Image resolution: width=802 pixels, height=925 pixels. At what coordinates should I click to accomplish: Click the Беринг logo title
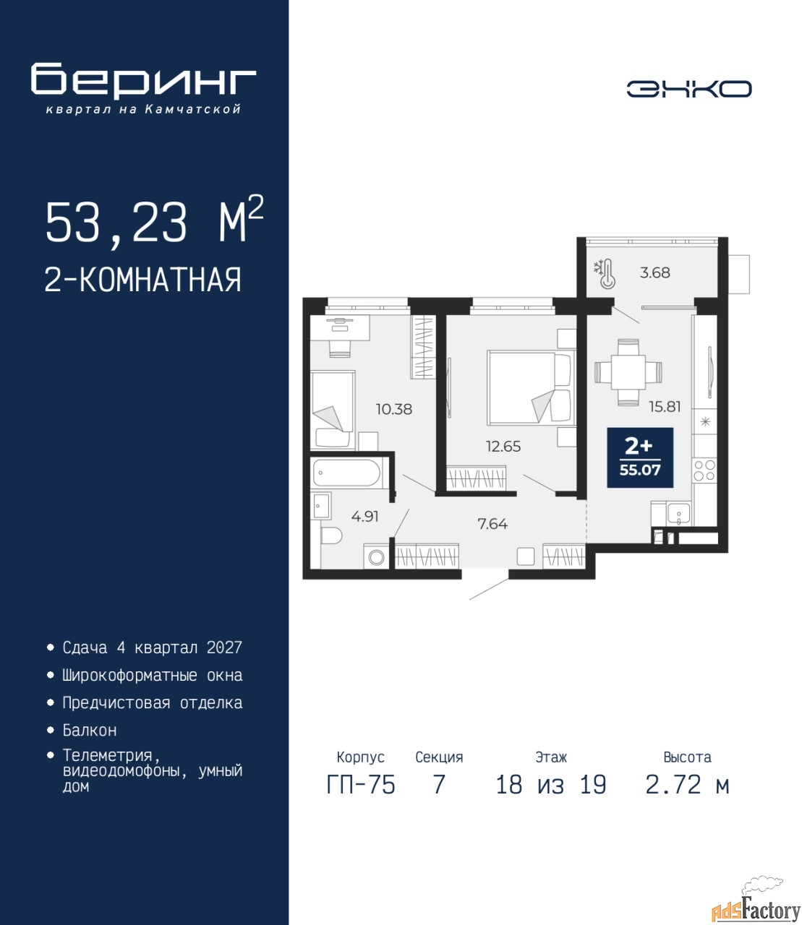tap(143, 80)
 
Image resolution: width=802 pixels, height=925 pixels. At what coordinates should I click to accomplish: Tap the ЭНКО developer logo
tap(689, 89)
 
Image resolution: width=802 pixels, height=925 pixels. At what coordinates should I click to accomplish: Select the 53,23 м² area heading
tap(154, 222)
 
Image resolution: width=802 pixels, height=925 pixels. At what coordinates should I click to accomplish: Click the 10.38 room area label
tap(394, 409)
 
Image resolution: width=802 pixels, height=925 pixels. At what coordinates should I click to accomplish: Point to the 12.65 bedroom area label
tap(503, 446)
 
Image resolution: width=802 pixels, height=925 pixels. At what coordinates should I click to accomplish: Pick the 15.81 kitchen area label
tap(665, 406)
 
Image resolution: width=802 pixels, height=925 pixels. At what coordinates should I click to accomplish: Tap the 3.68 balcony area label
tap(654, 272)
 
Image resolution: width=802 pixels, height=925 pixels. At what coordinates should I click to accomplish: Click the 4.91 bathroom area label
tap(365, 517)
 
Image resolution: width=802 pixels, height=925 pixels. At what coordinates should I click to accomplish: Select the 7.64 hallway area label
tap(492, 524)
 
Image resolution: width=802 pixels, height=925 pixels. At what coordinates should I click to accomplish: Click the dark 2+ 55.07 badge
tap(640, 457)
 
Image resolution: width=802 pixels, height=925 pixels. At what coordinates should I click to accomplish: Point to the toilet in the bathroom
tap(331, 535)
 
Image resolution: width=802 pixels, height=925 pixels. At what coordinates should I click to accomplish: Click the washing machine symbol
tap(376, 556)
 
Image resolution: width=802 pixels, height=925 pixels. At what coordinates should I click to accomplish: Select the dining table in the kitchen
tap(628, 372)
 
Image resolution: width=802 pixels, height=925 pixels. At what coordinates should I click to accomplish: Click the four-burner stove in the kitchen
tap(704, 470)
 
